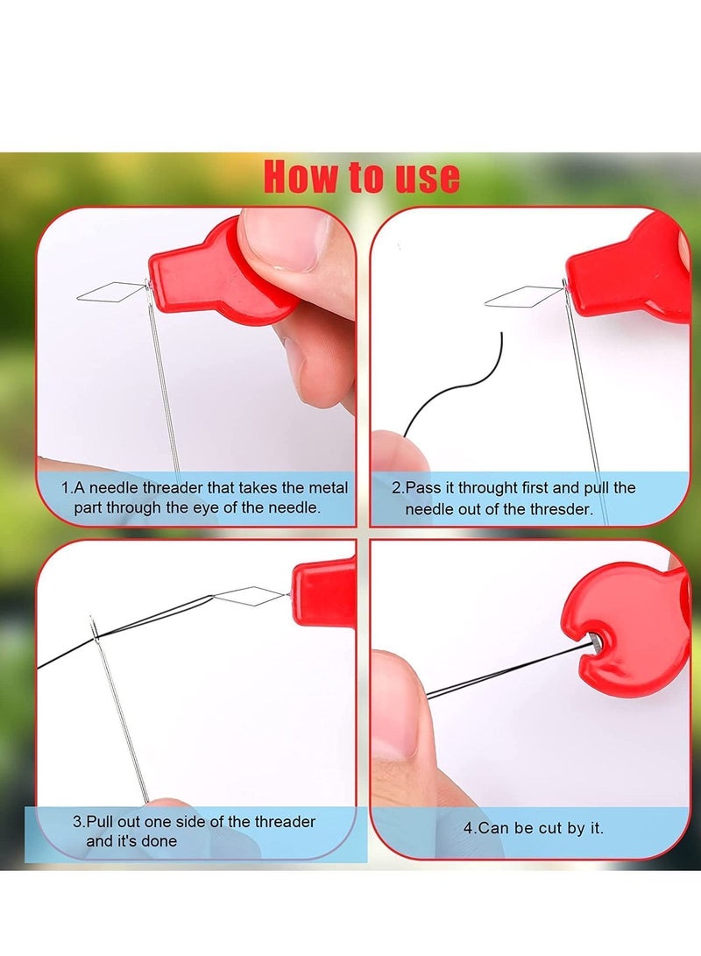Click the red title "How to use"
coord(361,176)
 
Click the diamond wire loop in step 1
coord(110,291)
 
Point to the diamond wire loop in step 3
coord(248,597)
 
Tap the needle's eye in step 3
coord(94,627)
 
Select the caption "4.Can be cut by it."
coord(533,827)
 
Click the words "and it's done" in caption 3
coord(131,841)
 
